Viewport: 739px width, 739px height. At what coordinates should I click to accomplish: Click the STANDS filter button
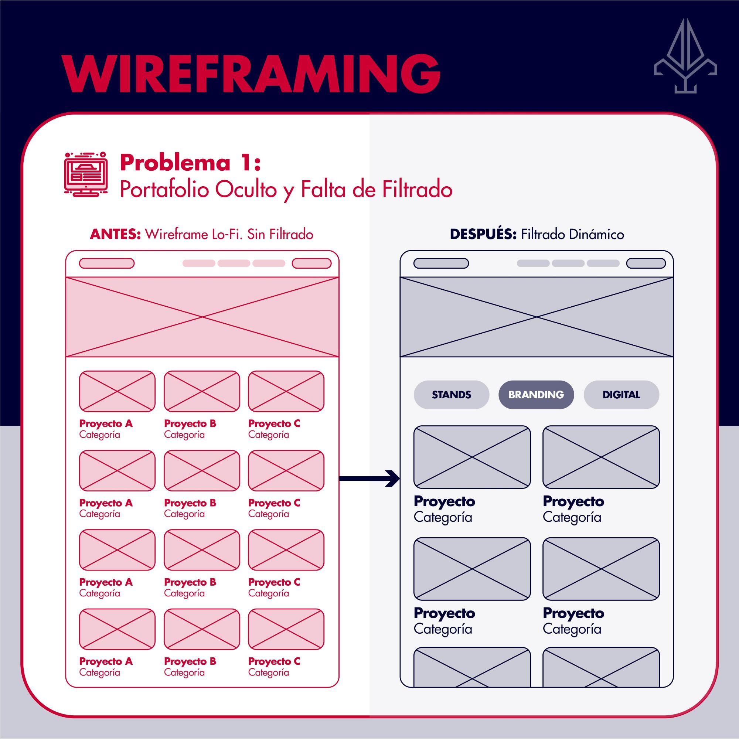pyautogui.click(x=452, y=395)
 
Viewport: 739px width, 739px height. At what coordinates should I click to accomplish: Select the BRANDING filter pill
pyautogui.click(x=536, y=395)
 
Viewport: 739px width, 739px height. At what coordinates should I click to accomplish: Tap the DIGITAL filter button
pyautogui.click(x=621, y=395)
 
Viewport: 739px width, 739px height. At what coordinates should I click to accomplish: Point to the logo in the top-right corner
pyautogui.click(x=685, y=56)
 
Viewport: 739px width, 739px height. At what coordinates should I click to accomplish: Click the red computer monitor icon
pyautogui.click(x=86, y=174)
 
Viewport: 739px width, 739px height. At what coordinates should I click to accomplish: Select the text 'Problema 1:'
pyautogui.click(x=190, y=163)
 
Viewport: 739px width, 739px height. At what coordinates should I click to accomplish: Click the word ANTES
pyautogui.click(x=115, y=234)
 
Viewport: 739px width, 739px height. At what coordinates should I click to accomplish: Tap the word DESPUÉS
pyautogui.click(x=483, y=234)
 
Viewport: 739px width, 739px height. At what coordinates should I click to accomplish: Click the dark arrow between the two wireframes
pyautogui.click(x=369, y=478)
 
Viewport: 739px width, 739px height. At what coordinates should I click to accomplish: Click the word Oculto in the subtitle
pyautogui.click(x=246, y=189)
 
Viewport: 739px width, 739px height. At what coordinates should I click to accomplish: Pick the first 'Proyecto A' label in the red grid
pyautogui.click(x=106, y=423)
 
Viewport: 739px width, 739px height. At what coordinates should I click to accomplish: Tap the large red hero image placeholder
pyautogui.click(x=202, y=317)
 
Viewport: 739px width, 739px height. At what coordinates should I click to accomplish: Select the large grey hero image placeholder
pyautogui.click(x=536, y=317)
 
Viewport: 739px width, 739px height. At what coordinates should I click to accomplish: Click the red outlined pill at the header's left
pyautogui.click(x=107, y=263)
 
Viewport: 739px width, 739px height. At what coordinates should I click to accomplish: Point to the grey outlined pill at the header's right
pyautogui.click(x=646, y=263)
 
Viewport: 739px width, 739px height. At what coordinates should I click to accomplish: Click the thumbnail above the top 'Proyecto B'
pyautogui.click(x=202, y=391)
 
